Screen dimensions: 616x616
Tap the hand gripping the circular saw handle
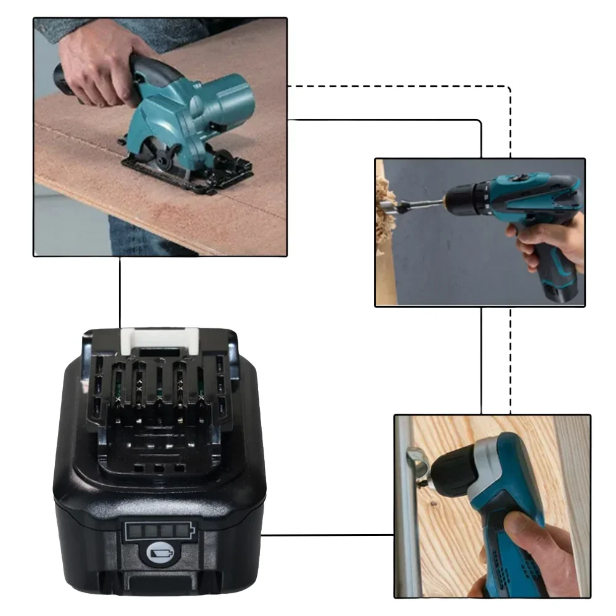click(99, 62)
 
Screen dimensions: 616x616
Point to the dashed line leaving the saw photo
click(400, 86)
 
